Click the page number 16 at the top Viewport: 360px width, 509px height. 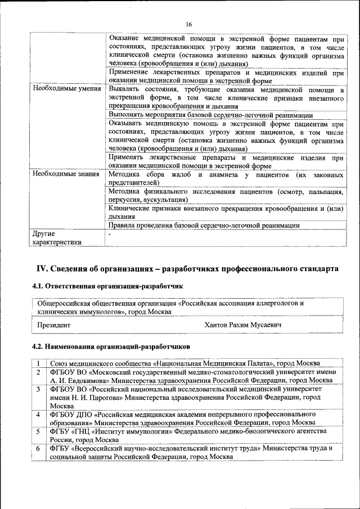[188, 24]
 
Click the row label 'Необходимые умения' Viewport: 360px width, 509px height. [67, 89]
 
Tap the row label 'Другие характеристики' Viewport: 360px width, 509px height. [57, 237]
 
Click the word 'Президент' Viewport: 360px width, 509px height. [54, 325]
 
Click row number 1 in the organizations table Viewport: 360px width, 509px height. [38, 363]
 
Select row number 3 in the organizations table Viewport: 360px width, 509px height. [38, 389]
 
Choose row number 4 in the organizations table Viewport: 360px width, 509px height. [38, 415]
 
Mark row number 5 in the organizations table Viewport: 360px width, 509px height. [38, 431]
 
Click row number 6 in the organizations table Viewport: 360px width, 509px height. [38, 448]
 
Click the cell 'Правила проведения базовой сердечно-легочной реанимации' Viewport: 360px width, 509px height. [204, 225]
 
